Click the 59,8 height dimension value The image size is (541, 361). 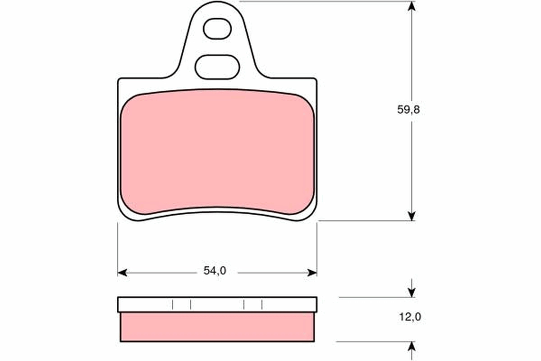pyautogui.click(x=408, y=110)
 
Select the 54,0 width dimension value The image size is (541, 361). pyautogui.click(x=215, y=271)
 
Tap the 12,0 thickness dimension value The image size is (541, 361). pyautogui.click(x=410, y=317)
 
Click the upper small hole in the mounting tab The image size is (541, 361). pyautogui.click(x=217, y=29)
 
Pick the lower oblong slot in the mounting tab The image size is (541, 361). pyautogui.click(x=217, y=67)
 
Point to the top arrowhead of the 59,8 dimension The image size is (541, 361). pyautogui.click(x=411, y=6)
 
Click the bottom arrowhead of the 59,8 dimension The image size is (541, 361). pyautogui.click(x=411, y=216)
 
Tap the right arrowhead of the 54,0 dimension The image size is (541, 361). pyautogui.click(x=312, y=273)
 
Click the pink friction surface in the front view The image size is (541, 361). pyautogui.click(x=218, y=151)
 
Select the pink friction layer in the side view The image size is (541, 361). pyautogui.click(x=217, y=327)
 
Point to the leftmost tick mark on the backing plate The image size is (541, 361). pyautogui.click(x=173, y=305)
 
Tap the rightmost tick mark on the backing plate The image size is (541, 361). pyautogui.click(x=262, y=305)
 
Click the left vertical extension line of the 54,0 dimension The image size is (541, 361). pyautogui.click(x=118, y=248)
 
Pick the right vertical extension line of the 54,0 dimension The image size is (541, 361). pyautogui.click(x=317, y=248)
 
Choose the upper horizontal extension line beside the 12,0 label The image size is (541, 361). pyautogui.click(x=374, y=297)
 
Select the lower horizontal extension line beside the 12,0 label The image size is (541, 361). pyautogui.click(x=374, y=342)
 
